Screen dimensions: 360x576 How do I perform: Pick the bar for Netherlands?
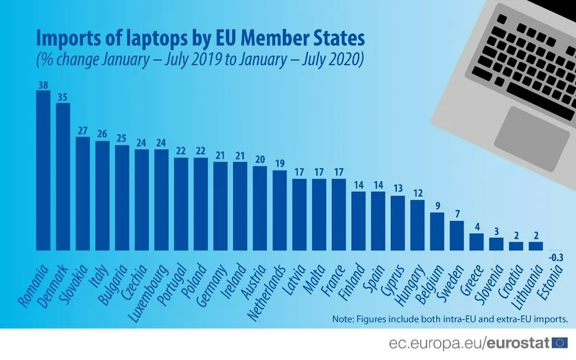(x=280, y=210)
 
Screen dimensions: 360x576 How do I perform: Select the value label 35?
(x=62, y=97)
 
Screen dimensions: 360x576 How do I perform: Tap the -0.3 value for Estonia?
(x=556, y=257)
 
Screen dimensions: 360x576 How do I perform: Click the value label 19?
(x=280, y=164)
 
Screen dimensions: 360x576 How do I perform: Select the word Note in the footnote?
(x=344, y=319)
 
